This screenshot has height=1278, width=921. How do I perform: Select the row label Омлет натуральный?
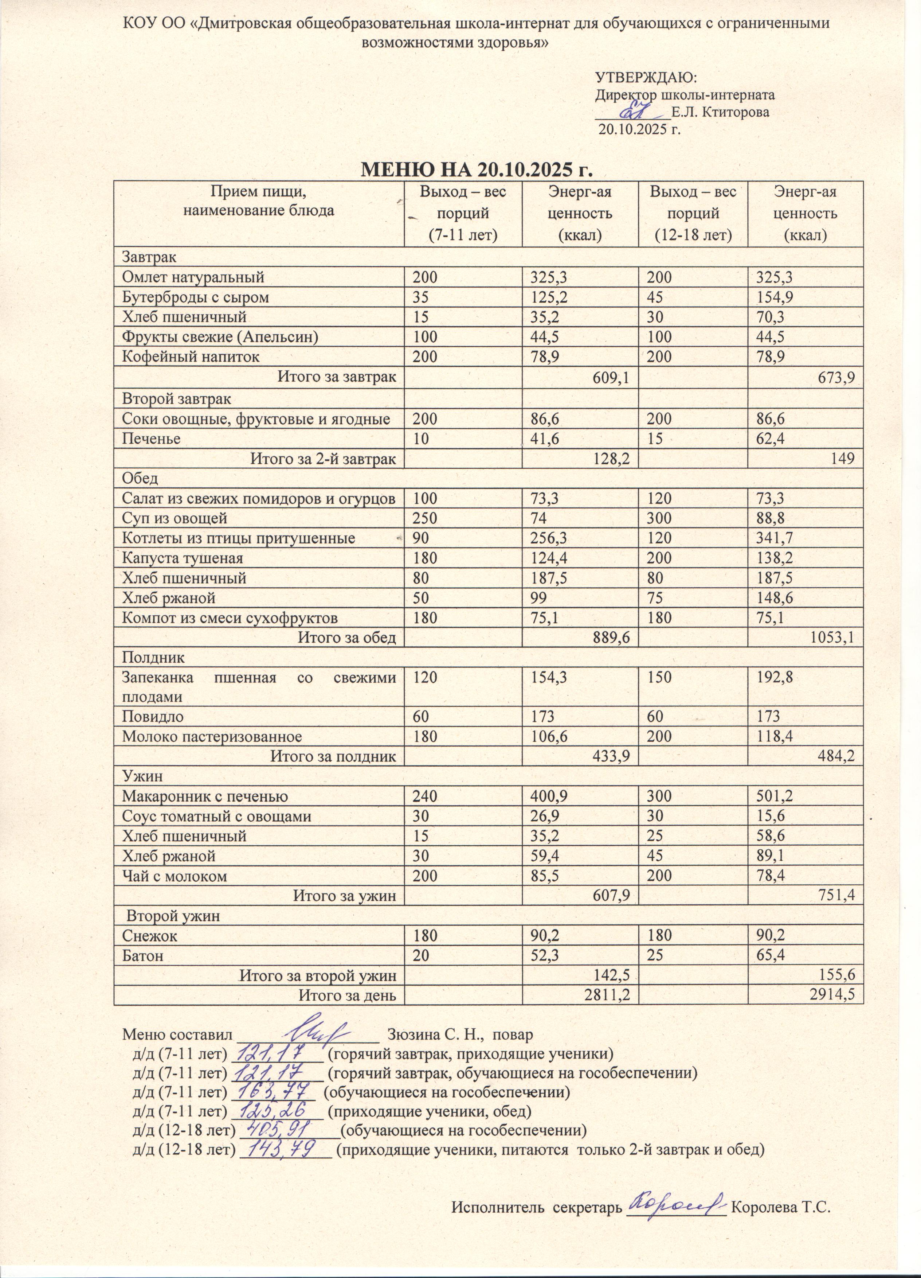tap(193, 277)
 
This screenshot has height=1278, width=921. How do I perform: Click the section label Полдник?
tap(146, 657)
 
